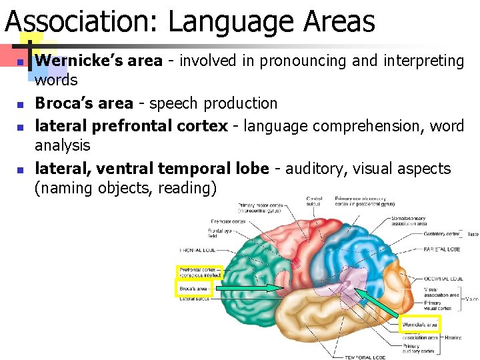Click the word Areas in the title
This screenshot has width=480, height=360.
(339, 21)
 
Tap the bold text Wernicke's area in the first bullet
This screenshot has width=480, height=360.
(99, 61)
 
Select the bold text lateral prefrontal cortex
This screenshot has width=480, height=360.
(131, 125)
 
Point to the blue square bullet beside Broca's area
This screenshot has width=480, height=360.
(21, 105)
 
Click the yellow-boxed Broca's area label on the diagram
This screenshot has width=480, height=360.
(194, 289)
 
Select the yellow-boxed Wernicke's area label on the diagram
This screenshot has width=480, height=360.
(420, 325)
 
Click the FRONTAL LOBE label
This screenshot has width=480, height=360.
(196, 250)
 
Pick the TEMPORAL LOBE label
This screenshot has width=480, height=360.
(365, 357)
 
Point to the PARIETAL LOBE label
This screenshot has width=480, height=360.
(441, 249)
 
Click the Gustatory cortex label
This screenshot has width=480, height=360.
(443, 234)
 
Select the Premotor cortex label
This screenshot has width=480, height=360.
(229, 221)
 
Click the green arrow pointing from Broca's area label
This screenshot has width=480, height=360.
(251, 289)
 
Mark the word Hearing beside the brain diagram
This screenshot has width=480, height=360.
(453, 338)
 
